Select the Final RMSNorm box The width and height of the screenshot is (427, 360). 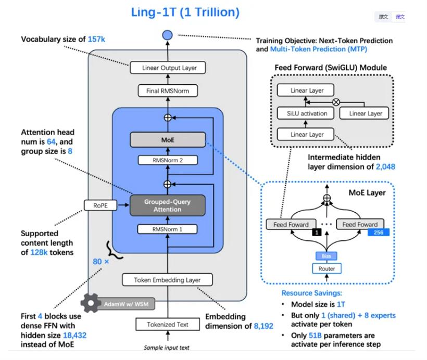pos(167,91)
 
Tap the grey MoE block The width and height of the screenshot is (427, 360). pos(167,139)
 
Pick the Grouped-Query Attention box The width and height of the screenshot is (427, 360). pos(167,205)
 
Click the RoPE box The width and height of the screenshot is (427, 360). pos(101,205)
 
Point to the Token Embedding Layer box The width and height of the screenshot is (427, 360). pos(167,280)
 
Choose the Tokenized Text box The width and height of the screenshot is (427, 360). pos(167,324)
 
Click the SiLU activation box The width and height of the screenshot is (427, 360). pos(307,113)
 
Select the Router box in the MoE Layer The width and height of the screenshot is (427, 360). pos(326,268)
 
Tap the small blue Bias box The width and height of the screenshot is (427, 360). pos(326,256)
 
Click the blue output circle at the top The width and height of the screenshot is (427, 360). pos(167,35)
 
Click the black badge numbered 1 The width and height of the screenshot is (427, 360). pos(316,233)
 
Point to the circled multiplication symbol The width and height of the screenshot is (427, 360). pos(336,102)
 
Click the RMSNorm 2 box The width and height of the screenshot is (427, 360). pos(167,160)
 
